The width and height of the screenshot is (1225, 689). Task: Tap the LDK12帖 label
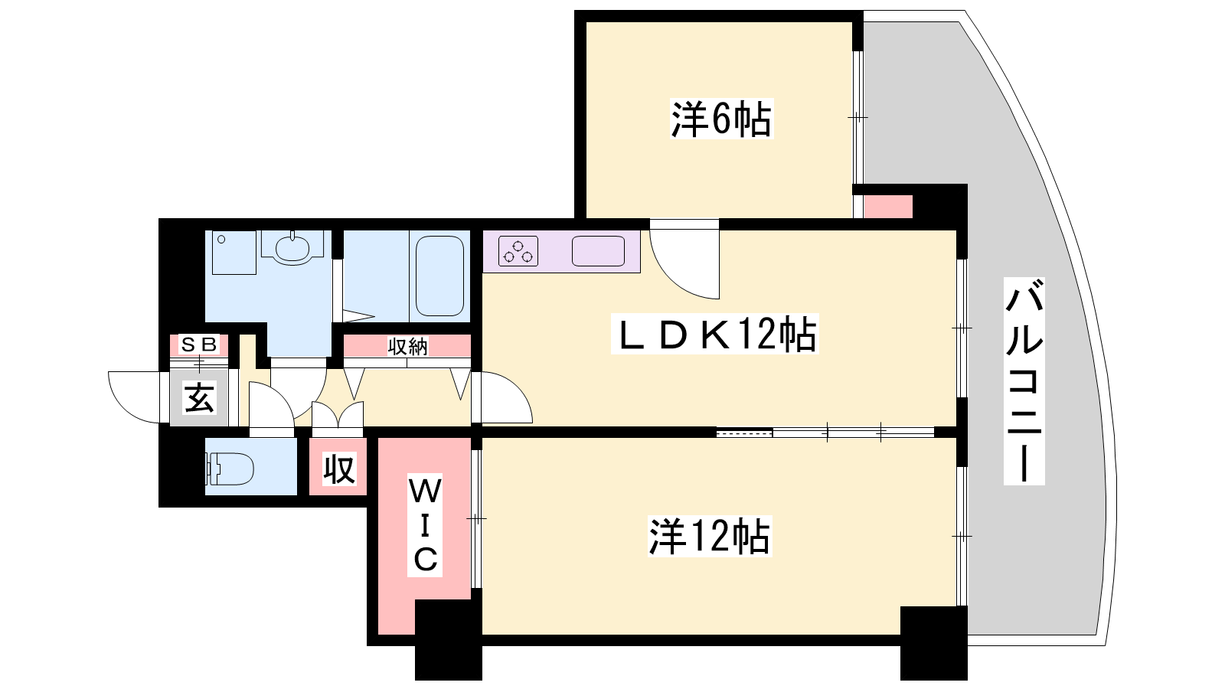click(x=715, y=333)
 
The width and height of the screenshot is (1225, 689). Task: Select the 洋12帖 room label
click(x=710, y=537)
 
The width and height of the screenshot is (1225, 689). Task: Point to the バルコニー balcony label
click(x=1024, y=381)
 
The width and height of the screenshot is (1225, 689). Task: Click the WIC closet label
click(x=425, y=525)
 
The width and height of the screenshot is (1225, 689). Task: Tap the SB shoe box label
click(x=200, y=344)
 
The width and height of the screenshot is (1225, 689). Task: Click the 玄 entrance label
click(x=199, y=397)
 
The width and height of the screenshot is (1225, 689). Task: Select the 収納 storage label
click(x=407, y=346)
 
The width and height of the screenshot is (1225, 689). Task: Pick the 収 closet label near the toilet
click(x=339, y=469)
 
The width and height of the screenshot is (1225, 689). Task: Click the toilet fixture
click(x=229, y=469)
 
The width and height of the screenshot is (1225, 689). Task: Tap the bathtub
click(x=439, y=276)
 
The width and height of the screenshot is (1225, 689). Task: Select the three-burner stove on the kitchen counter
click(x=518, y=251)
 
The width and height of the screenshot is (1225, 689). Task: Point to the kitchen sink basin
click(x=598, y=251)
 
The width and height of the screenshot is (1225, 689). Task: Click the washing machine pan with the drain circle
click(x=234, y=252)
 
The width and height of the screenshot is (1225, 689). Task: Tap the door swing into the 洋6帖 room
click(x=684, y=260)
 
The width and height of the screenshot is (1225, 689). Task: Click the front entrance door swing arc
click(x=135, y=397)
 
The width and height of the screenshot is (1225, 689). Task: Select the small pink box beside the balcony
click(x=888, y=207)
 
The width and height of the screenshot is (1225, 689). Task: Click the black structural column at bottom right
click(x=934, y=643)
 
